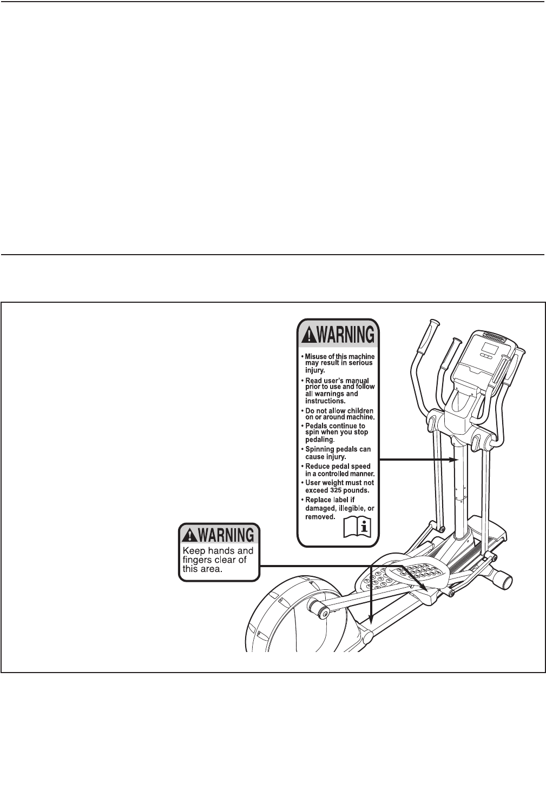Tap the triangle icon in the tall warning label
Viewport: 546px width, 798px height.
point(307,335)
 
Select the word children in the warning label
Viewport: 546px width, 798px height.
point(358,411)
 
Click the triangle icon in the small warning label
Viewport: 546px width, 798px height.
point(189,535)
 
